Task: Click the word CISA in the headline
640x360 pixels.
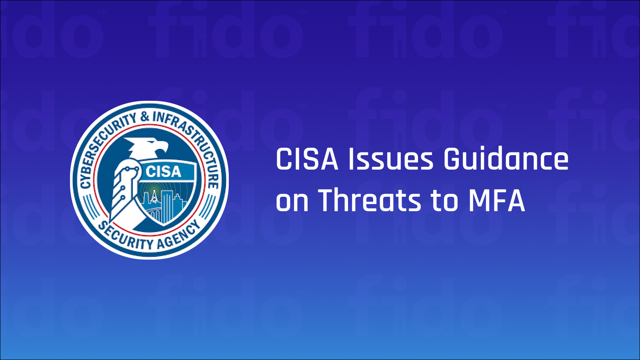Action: click(x=307, y=159)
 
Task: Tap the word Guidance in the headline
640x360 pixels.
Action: click(x=506, y=159)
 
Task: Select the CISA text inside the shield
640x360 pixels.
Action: click(x=164, y=172)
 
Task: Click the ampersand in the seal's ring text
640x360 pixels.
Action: click(x=144, y=117)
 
